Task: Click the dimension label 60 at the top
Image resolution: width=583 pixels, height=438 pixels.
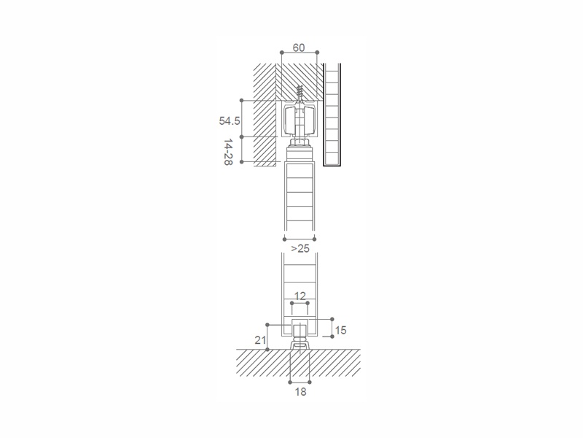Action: click(x=299, y=47)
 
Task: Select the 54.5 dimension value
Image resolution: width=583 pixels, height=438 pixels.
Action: click(x=230, y=120)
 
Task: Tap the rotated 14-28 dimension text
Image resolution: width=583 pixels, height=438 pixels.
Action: click(x=228, y=153)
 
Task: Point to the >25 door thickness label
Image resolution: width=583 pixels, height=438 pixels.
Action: click(x=300, y=248)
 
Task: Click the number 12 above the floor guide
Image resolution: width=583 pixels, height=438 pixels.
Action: click(x=300, y=296)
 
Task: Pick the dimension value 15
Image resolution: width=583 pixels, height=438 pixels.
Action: click(x=340, y=330)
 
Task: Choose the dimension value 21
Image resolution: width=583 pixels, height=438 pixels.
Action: click(x=260, y=339)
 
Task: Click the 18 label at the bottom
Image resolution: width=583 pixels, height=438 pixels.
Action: click(x=300, y=391)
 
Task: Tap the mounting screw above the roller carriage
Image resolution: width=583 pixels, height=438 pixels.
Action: click(x=300, y=93)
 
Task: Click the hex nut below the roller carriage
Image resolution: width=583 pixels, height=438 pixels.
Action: click(x=300, y=142)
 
